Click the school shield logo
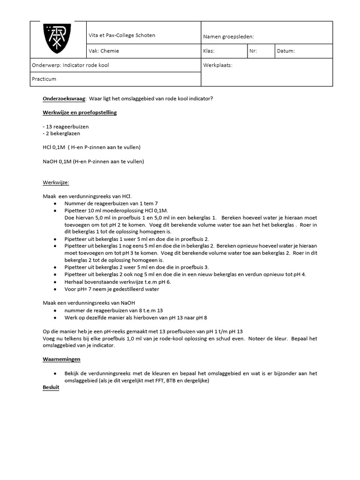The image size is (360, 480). [58, 39]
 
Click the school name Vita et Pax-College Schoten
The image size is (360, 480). [122, 35]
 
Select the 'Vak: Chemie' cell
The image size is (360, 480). [104, 51]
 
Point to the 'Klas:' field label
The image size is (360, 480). [209, 51]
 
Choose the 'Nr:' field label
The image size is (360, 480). [253, 51]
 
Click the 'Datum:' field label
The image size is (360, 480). [286, 51]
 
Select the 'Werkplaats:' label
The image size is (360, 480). [218, 65]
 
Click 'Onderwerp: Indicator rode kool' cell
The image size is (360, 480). [70, 65]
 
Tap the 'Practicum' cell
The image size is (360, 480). [44, 79]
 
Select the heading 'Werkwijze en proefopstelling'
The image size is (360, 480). [80, 112]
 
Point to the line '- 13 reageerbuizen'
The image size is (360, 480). [65, 127]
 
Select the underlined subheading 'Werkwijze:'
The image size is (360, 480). [56, 182]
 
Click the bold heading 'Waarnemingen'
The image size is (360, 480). [61, 359]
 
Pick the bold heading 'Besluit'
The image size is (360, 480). [51, 388]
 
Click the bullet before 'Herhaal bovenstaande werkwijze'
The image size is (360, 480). [55, 282]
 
